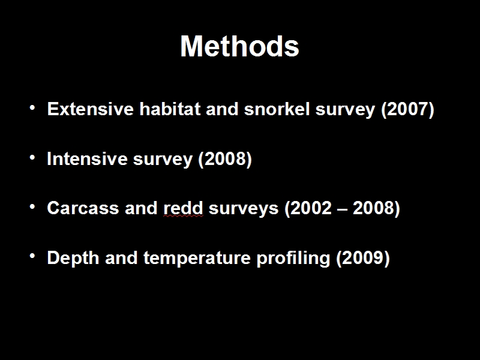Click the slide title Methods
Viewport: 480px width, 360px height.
point(239,46)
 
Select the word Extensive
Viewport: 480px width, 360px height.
point(91,109)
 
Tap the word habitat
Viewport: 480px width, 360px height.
point(170,109)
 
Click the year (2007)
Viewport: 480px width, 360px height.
point(407,109)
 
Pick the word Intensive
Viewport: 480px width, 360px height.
point(87,158)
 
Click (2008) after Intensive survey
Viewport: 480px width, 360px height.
point(225,159)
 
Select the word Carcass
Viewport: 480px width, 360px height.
point(83,208)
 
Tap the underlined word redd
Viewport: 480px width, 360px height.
point(183,208)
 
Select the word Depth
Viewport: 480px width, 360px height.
point(73,258)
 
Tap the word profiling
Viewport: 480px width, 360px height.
point(293,258)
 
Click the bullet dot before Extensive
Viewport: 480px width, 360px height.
point(32,108)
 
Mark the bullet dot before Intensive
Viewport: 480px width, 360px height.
point(32,158)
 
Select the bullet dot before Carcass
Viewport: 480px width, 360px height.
point(32,207)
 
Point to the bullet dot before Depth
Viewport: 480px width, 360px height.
point(32,257)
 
